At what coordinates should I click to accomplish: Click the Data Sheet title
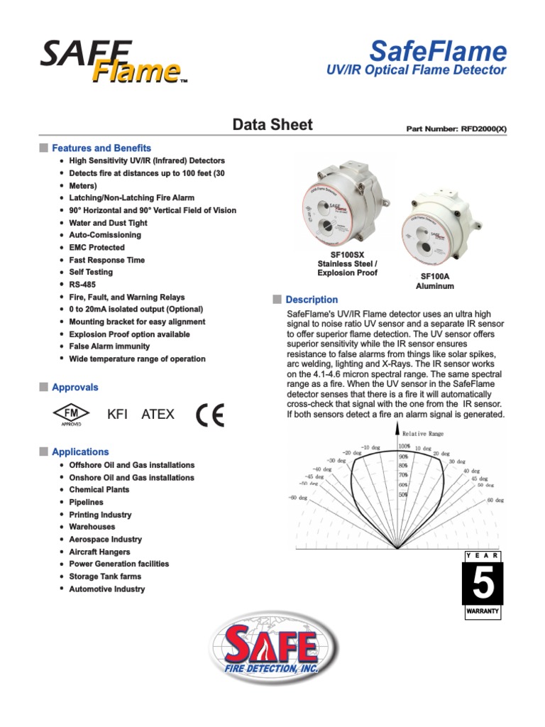tap(272, 125)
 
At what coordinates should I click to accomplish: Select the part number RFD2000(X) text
tap(456, 129)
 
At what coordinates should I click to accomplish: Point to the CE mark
tap(210, 415)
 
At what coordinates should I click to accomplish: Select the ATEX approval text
tap(158, 414)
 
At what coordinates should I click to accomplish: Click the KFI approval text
tap(117, 414)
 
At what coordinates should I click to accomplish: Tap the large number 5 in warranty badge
tap(483, 584)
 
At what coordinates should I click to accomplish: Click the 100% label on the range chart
tap(403, 447)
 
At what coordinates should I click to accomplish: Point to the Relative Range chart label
tap(424, 432)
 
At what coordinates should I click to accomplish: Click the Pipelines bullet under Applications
tap(87, 502)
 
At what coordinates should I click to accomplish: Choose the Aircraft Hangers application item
tap(99, 552)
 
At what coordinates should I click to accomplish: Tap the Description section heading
tap(312, 300)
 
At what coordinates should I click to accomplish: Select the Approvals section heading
tap(75, 387)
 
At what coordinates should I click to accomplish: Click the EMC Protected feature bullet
tap(97, 248)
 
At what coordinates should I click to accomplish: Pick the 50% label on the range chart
tap(403, 494)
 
